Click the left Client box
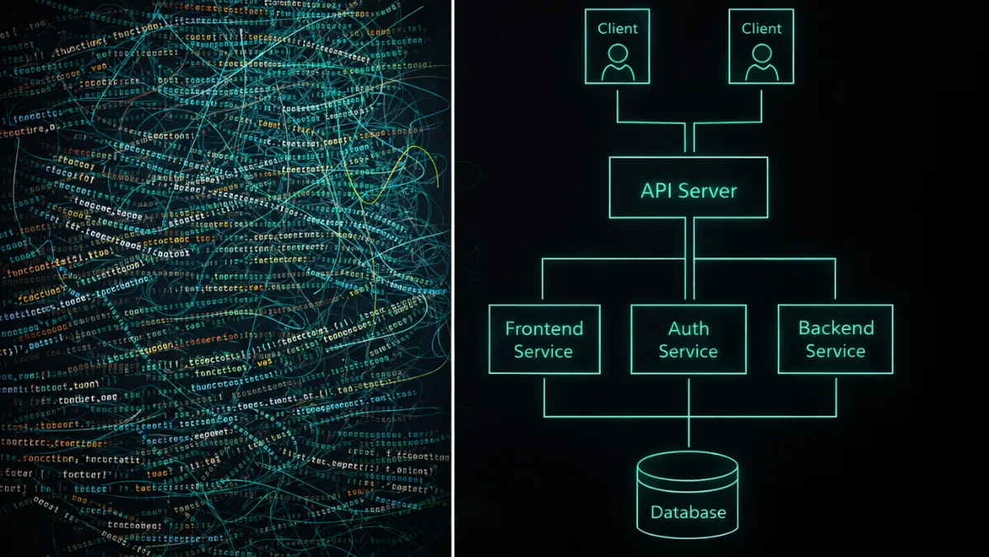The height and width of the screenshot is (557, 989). point(617,46)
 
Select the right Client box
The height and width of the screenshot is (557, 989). point(762,46)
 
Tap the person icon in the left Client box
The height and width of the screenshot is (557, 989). point(617,62)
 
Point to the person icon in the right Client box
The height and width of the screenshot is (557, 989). point(762,62)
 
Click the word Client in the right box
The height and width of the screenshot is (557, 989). point(762,28)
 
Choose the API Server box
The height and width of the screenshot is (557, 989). point(688,187)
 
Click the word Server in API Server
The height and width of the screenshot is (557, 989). point(712,191)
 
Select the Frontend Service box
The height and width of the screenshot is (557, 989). point(544,339)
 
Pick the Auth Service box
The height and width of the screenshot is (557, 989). point(688,339)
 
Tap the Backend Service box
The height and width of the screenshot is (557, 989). point(835,339)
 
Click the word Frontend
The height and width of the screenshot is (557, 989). point(544,328)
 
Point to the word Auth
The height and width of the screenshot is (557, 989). point(688,328)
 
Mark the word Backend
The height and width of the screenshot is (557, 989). point(836,328)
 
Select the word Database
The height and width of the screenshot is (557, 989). point(688,512)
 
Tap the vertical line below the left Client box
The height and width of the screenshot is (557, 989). point(617,103)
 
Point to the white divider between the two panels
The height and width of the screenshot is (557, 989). point(452,278)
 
